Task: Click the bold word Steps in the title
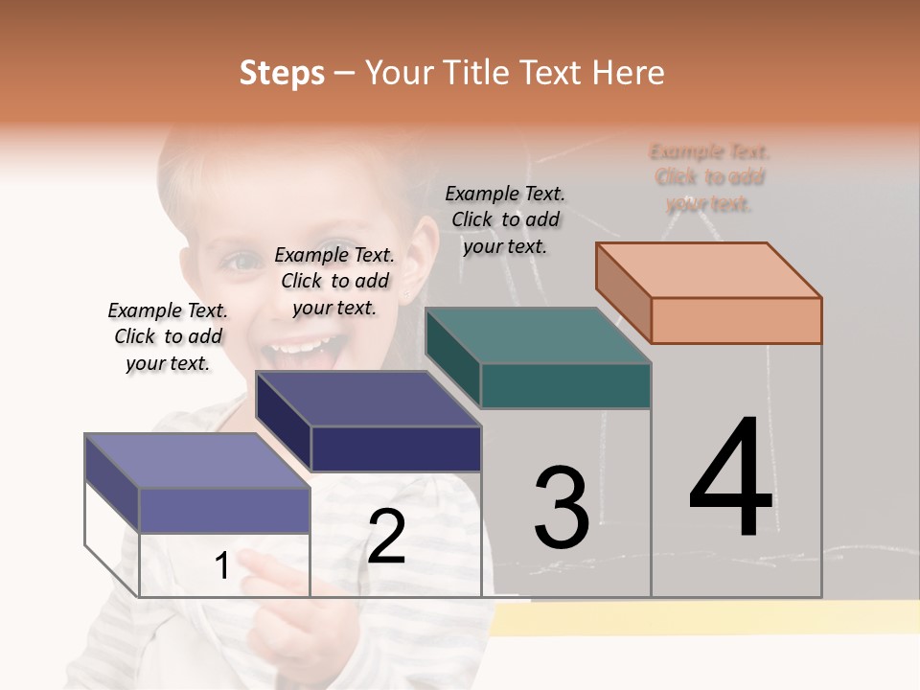pyautogui.click(x=282, y=73)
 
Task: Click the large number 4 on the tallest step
pyautogui.click(x=730, y=478)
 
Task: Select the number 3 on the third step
pyautogui.click(x=561, y=508)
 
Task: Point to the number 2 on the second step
pyautogui.click(x=386, y=537)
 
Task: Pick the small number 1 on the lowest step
pyautogui.click(x=222, y=566)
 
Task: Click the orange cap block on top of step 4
pyautogui.click(x=709, y=292)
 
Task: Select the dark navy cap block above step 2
pyautogui.click(x=369, y=422)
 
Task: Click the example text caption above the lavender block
pyautogui.click(x=168, y=336)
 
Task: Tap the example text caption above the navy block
pyautogui.click(x=334, y=281)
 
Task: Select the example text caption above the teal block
pyautogui.click(x=505, y=219)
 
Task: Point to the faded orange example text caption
pyautogui.click(x=709, y=177)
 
